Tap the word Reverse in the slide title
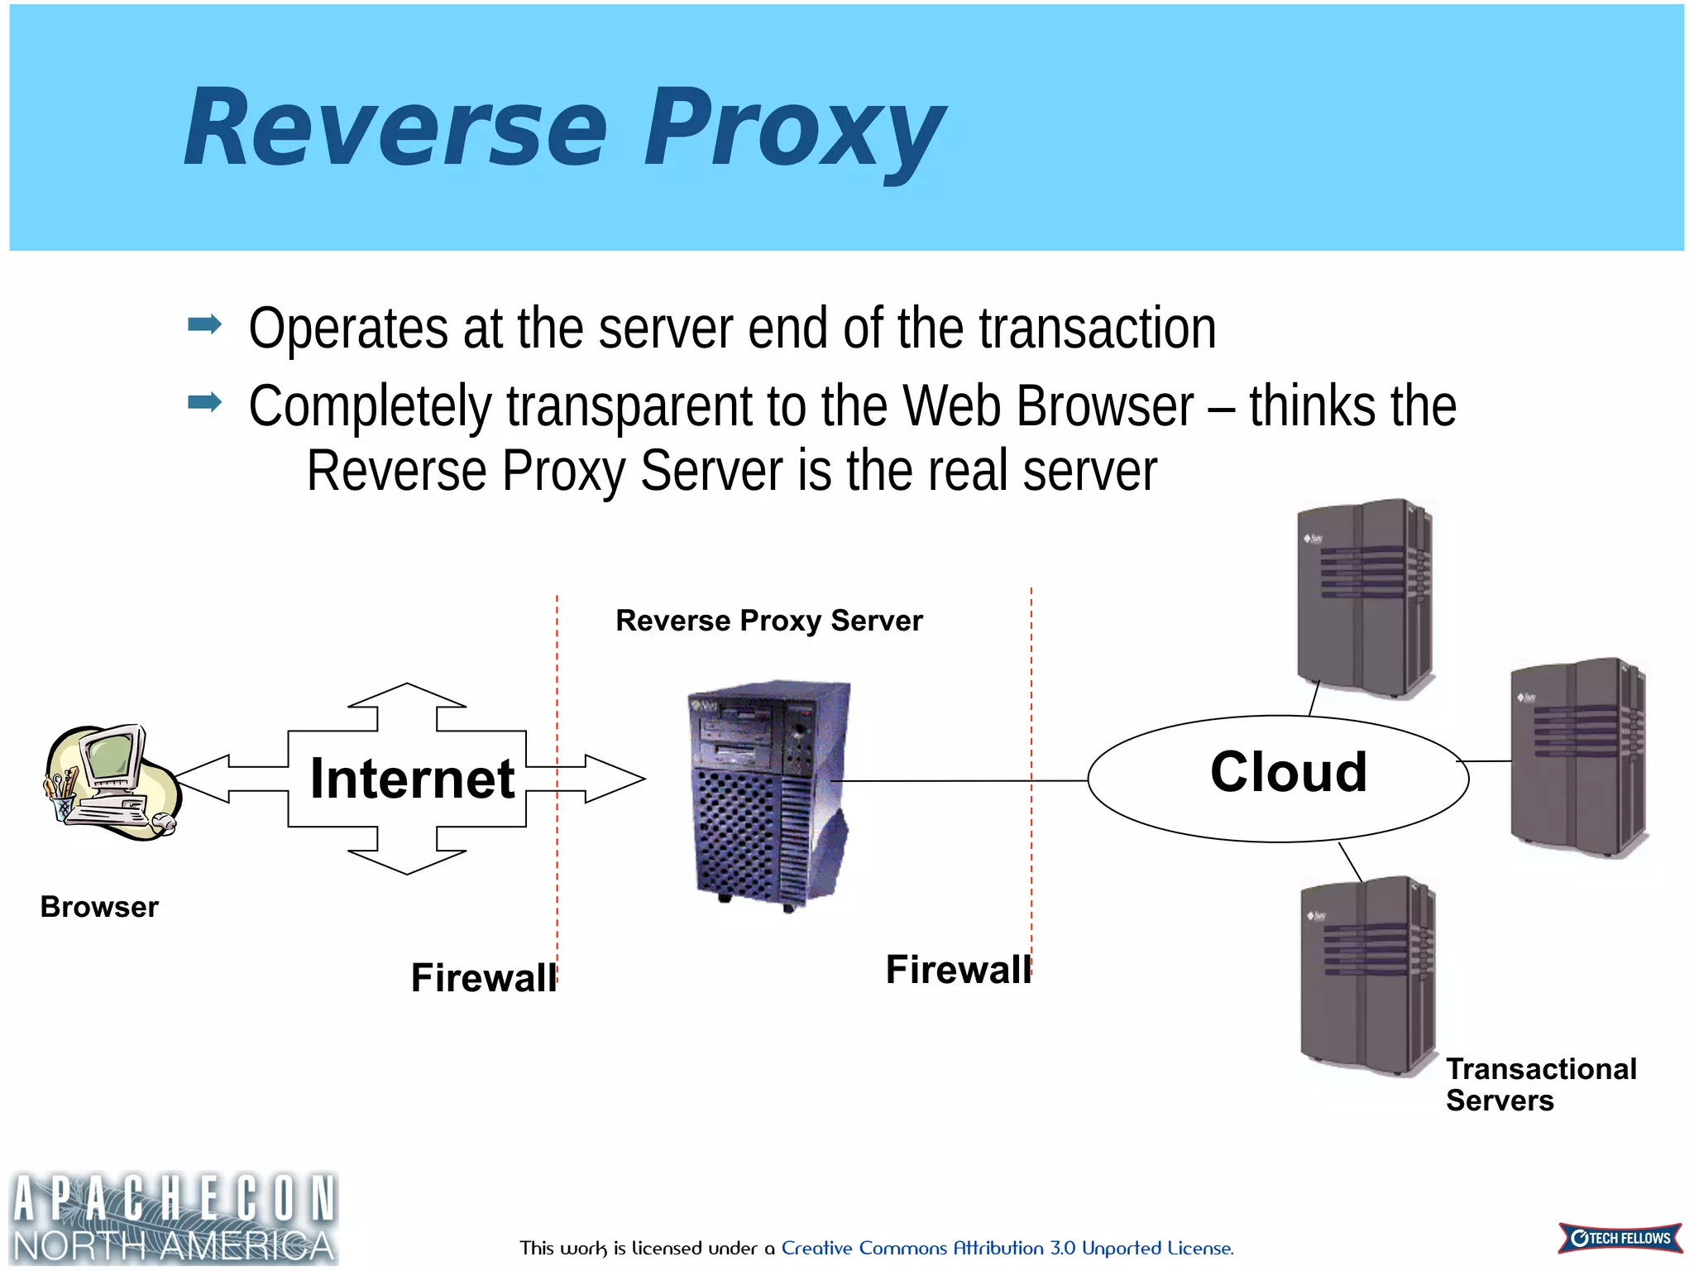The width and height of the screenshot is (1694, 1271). (x=395, y=129)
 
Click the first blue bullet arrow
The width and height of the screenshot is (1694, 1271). (x=204, y=324)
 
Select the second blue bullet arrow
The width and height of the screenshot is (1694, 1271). (x=204, y=402)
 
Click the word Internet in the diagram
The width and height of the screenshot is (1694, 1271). (x=412, y=779)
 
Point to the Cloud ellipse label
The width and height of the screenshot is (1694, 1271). (x=1288, y=772)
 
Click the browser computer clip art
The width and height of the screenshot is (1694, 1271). (x=111, y=783)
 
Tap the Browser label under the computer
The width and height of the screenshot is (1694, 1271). (x=99, y=907)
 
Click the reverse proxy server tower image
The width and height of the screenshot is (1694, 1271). (x=768, y=794)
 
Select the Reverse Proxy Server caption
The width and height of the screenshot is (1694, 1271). (x=768, y=621)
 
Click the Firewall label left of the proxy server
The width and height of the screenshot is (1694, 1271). (x=484, y=977)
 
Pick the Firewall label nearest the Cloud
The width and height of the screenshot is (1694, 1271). (x=958, y=969)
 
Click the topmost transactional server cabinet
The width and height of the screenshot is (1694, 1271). (x=1366, y=598)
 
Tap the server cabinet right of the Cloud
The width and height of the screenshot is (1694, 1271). (x=1578, y=757)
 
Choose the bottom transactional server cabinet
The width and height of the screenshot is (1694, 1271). (x=1368, y=976)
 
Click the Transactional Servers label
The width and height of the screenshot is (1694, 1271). (x=1540, y=1085)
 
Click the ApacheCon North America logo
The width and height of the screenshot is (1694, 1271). (x=174, y=1217)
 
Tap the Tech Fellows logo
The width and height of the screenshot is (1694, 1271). (x=1620, y=1238)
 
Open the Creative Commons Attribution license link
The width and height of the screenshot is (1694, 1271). (x=1007, y=1248)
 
